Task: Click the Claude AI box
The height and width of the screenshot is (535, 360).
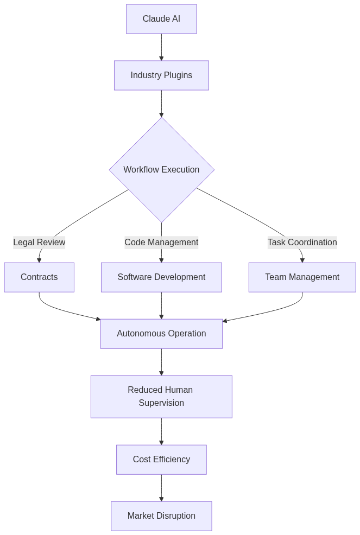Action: point(161,19)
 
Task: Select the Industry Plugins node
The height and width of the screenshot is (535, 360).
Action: point(161,75)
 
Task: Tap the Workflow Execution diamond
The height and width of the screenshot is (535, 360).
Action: point(161,170)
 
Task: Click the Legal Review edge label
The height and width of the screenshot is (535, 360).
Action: point(39,243)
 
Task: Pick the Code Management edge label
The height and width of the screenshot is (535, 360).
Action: point(161,243)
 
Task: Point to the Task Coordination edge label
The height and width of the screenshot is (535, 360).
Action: point(302,243)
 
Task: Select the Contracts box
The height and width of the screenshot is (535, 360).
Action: point(39,277)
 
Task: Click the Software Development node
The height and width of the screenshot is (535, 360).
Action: point(161,277)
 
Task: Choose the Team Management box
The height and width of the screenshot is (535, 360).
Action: point(302,277)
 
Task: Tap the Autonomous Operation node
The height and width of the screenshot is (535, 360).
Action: point(161,334)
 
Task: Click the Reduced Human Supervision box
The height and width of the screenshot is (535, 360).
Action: point(161,397)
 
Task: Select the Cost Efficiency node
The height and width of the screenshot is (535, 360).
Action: point(161,460)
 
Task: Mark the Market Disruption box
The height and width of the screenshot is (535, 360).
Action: point(161,516)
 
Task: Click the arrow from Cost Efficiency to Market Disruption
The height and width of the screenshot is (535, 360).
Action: point(161,488)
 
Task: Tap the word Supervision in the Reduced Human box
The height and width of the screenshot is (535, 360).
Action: point(161,403)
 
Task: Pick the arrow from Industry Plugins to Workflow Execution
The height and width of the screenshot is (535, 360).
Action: point(161,103)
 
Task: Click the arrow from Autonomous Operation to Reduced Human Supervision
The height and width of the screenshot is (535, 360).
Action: point(161,362)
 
